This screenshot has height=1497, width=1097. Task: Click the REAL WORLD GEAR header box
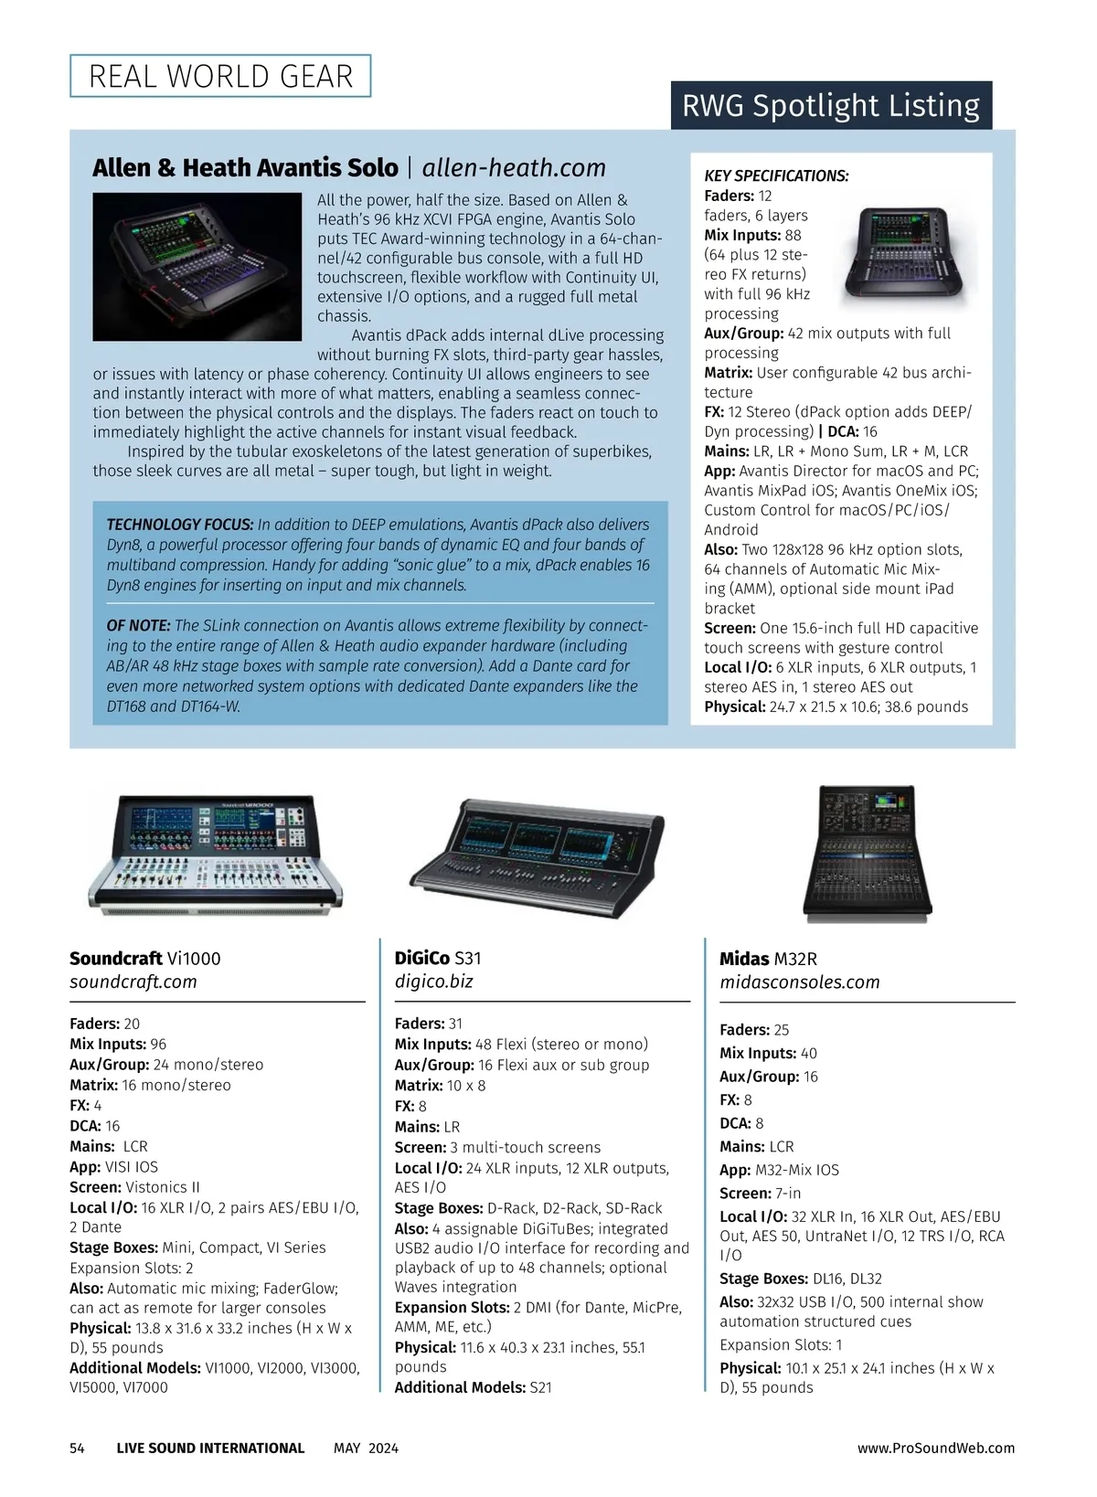(x=220, y=76)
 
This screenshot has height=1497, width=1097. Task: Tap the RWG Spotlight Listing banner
(x=831, y=106)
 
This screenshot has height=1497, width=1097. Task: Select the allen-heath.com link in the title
(x=514, y=168)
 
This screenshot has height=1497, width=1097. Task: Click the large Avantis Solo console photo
(x=197, y=266)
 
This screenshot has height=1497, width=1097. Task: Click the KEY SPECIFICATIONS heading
(x=776, y=175)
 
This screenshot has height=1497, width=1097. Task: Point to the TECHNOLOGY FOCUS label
(x=180, y=525)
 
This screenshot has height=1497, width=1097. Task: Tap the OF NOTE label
(x=138, y=626)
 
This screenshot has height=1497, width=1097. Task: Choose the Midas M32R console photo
(x=861, y=855)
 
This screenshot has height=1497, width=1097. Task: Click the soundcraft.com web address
(x=133, y=982)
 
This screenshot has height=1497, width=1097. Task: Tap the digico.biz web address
(x=433, y=982)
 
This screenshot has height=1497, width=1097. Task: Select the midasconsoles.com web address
(x=799, y=982)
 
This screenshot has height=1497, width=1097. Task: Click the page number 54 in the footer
(x=77, y=1449)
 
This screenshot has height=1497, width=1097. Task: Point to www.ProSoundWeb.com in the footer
(x=936, y=1449)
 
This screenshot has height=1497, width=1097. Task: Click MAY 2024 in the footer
(x=366, y=1449)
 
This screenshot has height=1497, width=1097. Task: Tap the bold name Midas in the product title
(x=744, y=959)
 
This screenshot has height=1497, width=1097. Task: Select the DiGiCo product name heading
(x=438, y=958)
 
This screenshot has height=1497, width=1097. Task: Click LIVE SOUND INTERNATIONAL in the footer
(x=210, y=1449)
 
